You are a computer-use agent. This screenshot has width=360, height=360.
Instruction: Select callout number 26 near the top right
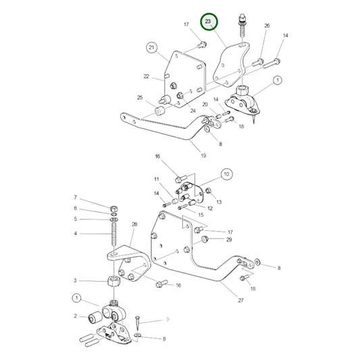[266, 26]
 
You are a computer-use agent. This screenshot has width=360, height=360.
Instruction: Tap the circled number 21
[151, 47]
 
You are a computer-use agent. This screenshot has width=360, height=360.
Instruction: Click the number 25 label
[139, 98]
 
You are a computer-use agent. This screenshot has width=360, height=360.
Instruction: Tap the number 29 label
[230, 240]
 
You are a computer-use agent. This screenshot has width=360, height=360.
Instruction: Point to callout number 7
[76, 197]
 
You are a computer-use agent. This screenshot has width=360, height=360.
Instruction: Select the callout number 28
[134, 224]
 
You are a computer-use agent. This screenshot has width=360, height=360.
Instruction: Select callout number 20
[205, 105]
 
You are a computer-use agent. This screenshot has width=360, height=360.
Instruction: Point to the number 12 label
[210, 208]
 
